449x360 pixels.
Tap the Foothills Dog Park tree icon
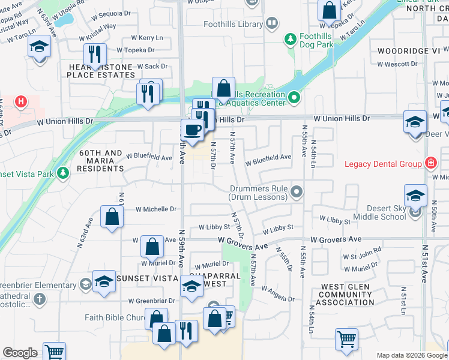click(x=291, y=39)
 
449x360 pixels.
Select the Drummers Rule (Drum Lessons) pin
click(x=295, y=193)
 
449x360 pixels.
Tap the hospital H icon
click(x=21, y=102)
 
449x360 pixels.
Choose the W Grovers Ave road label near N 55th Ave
click(x=336, y=239)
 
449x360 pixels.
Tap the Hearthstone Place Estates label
click(x=101, y=71)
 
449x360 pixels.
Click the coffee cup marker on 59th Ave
click(x=192, y=130)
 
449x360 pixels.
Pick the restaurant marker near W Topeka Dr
click(x=94, y=54)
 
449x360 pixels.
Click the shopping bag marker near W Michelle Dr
click(x=112, y=217)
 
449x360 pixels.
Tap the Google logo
click(x=20, y=353)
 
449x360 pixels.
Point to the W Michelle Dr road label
click(x=156, y=209)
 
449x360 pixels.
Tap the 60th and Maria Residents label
click(x=101, y=161)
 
